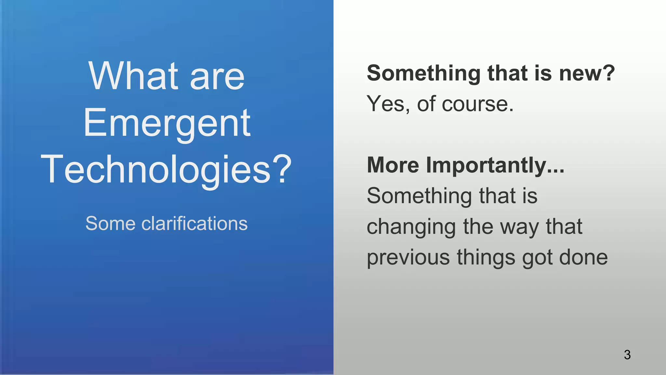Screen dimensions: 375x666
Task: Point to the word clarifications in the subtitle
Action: [x=194, y=224]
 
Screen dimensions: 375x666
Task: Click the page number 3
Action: [x=627, y=354]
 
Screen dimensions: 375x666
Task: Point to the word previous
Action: [x=408, y=257]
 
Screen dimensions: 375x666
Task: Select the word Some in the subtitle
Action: [x=110, y=224]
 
